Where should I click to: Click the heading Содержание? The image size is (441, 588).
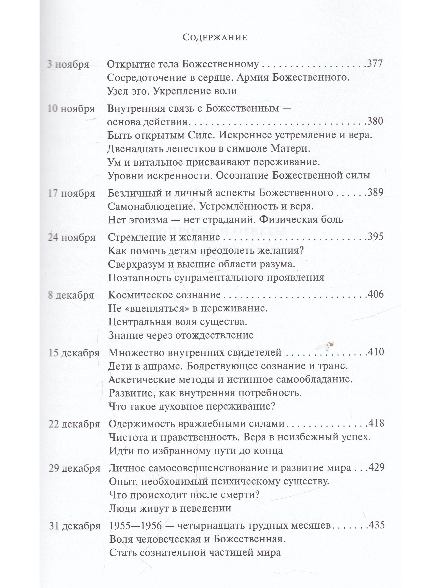(x=215, y=37)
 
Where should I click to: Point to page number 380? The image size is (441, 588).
(x=375, y=121)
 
